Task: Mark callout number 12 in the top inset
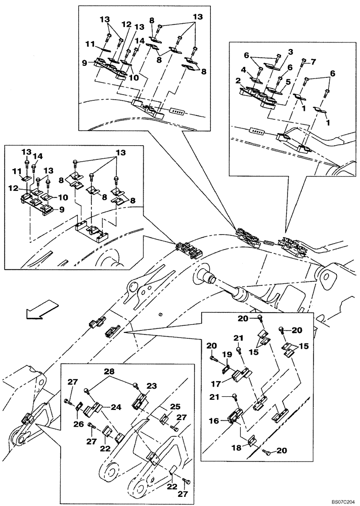[126, 24]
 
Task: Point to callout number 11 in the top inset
[91, 45]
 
